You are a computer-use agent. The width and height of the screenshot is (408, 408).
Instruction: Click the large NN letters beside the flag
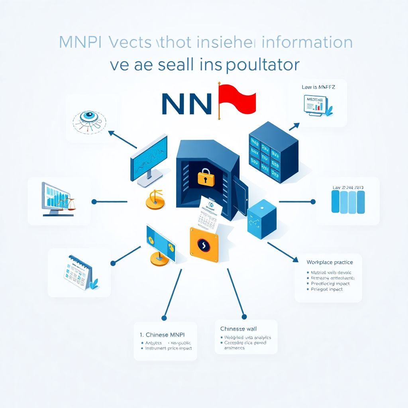pos(186,104)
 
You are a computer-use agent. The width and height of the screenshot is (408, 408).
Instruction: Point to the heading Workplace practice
pos(330,262)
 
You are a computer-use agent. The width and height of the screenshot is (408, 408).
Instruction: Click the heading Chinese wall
pos(238,329)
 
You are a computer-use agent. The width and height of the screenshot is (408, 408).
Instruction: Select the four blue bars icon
pos(348,202)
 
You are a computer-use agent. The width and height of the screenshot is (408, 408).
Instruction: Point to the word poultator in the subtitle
pos(262,65)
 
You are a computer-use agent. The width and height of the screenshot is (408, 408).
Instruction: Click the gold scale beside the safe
pos(155,199)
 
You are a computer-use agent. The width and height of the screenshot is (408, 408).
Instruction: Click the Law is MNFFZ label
pos(319,86)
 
